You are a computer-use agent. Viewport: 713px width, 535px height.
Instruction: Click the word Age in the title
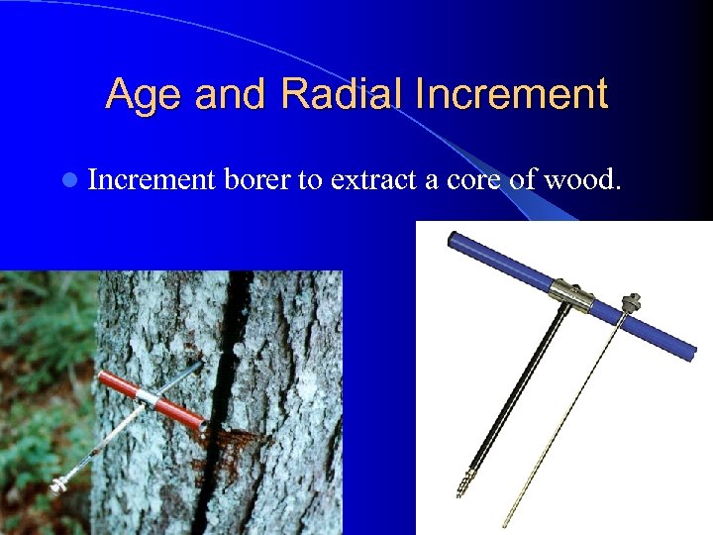(145, 95)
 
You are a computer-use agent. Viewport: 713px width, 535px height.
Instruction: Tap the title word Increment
(512, 95)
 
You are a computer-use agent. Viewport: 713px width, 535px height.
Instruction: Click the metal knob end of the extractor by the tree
(58, 486)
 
